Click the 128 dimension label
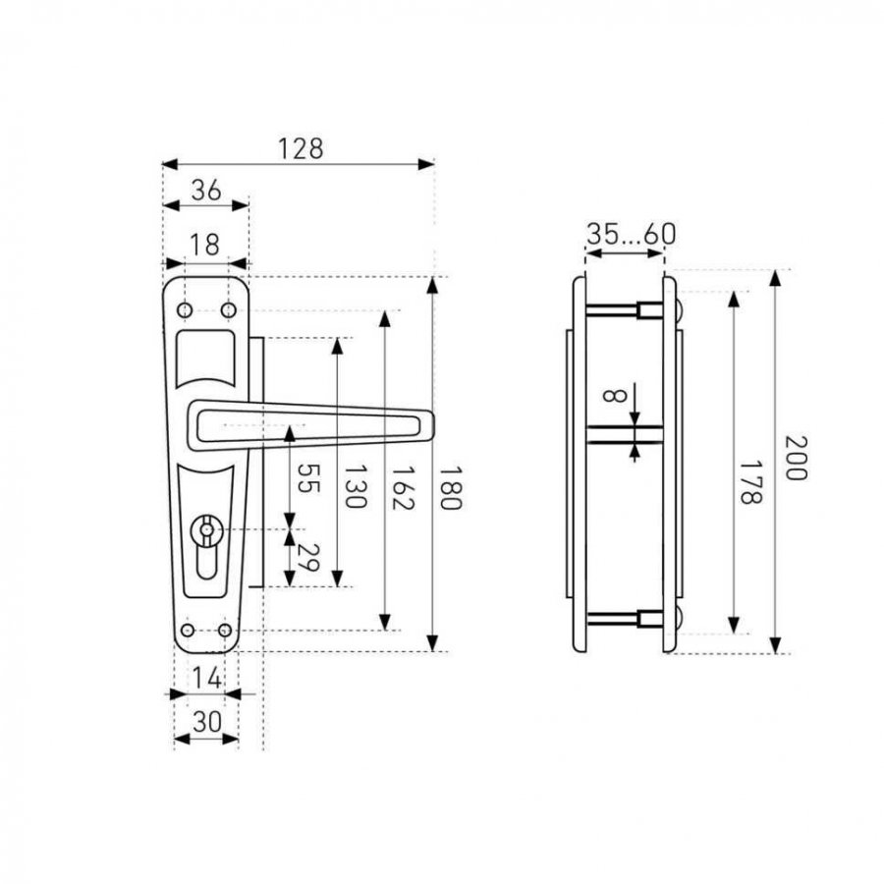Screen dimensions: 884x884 pos(301,149)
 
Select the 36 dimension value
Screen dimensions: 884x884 pos(206,191)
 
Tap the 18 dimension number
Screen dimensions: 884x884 pos(203,246)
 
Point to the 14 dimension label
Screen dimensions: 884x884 pos(206,678)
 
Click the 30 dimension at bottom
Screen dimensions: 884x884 pos(207,722)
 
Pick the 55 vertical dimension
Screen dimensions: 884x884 pos(307,478)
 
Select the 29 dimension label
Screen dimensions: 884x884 pos(307,558)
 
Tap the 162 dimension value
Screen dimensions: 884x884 pos(403,487)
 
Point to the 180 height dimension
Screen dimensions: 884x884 pos(450,487)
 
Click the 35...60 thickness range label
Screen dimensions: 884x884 pos(631,234)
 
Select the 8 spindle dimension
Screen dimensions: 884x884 pos(614,395)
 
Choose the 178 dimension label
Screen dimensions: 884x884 pos(750,482)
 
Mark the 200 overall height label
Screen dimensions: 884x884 pos(796,457)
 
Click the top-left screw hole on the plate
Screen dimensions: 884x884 pos(185,310)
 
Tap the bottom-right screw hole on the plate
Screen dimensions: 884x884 pos(225,631)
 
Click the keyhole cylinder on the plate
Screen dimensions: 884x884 pos(206,546)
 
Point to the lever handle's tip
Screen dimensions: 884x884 pos(432,425)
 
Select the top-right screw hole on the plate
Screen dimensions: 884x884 pos(228,310)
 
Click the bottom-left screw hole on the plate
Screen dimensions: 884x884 pos(188,631)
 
